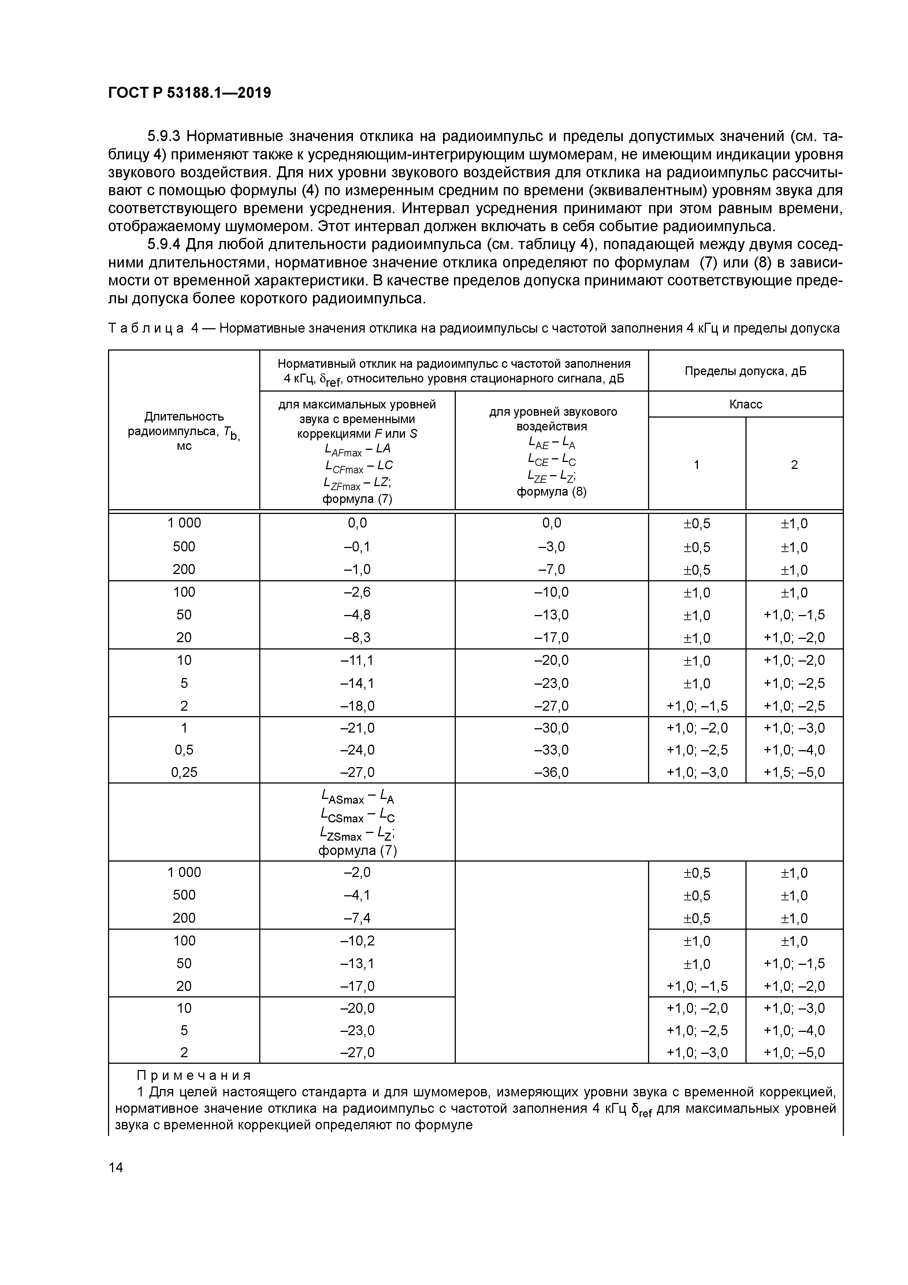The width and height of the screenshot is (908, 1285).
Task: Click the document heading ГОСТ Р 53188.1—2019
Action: click(x=189, y=93)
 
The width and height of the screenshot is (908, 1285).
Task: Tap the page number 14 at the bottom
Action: click(x=116, y=1167)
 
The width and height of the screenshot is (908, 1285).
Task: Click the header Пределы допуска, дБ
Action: click(x=745, y=371)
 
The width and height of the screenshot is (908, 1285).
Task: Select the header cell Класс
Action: click(x=745, y=404)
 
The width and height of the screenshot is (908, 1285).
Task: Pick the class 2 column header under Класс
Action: click(x=794, y=464)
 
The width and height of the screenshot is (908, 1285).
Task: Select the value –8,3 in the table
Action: click(x=357, y=637)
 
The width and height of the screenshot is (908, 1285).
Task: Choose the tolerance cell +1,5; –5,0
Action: click(x=794, y=772)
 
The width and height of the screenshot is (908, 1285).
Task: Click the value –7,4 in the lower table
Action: click(x=357, y=918)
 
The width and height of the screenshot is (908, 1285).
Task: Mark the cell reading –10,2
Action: click(x=357, y=941)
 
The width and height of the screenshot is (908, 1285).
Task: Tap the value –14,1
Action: click(x=357, y=683)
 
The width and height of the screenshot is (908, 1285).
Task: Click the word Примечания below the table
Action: click(x=194, y=1076)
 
